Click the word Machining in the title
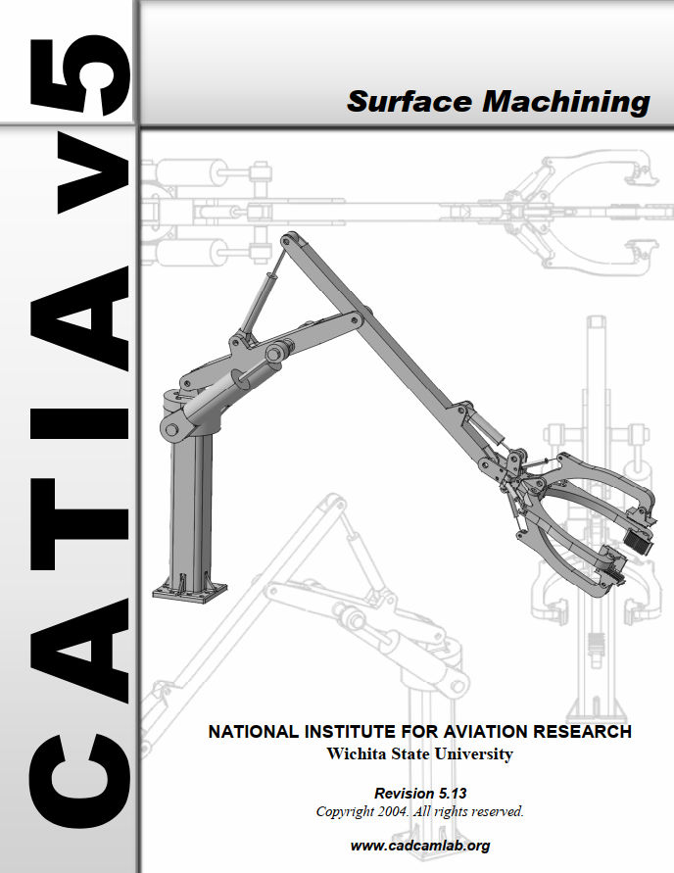point(566,103)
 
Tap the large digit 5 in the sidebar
point(80,75)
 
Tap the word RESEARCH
point(582,732)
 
